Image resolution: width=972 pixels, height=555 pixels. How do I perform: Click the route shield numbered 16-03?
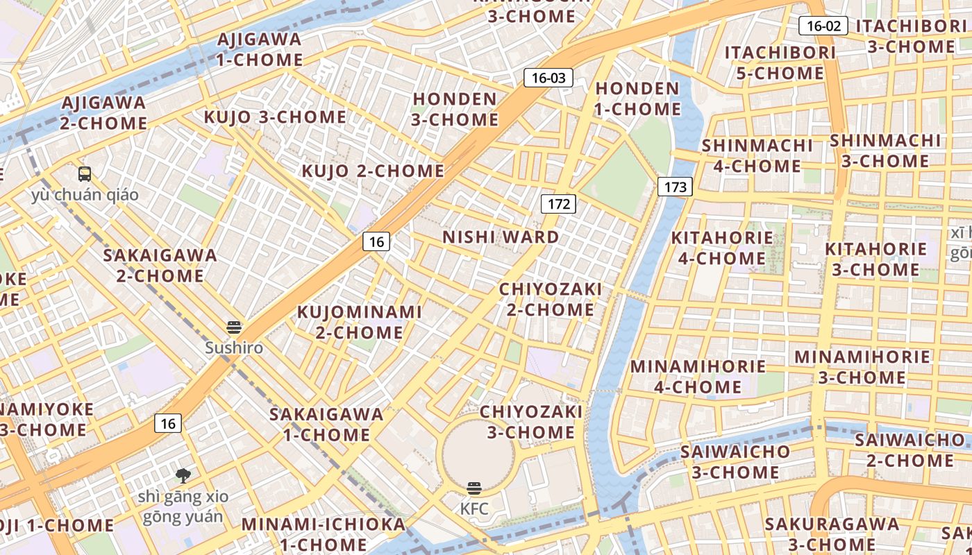[x=548, y=78]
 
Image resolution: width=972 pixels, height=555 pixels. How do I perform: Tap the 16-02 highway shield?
[x=823, y=26]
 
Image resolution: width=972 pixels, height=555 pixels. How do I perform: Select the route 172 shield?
[x=558, y=203]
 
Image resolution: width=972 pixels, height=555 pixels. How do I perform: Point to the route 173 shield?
[x=675, y=187]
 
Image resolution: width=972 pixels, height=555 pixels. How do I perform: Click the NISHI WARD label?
[x=501, y=237]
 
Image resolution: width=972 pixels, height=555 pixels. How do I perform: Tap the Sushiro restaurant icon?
[x=234, y=327]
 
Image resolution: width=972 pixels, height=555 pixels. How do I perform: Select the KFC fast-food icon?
[x=474, y=488]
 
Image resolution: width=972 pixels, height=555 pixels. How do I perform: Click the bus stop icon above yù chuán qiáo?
[x=85, y=174]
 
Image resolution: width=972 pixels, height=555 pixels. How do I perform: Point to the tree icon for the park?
[x=183, y=475]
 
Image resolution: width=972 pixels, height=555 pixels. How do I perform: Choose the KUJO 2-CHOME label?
[x=373, y=171]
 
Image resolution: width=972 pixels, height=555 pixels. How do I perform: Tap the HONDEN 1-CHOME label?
[x=637, y=99]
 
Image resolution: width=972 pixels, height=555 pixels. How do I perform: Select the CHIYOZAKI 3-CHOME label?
[x=531, y=422]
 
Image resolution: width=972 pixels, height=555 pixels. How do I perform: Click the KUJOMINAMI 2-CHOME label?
[x=360, y=322]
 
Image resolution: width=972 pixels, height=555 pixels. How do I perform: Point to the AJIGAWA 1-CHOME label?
[x=259, y=49]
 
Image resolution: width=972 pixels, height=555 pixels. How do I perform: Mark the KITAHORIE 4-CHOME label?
[x=722, y=248]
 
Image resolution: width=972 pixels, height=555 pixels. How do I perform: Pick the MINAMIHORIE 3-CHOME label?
[x=862, y=367]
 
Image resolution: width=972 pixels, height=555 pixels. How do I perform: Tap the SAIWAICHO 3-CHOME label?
[x=735, y=461]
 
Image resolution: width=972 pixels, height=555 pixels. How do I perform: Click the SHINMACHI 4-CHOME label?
[x=757, y=155]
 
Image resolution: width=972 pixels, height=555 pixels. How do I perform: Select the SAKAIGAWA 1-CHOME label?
[x=326, y=425]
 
